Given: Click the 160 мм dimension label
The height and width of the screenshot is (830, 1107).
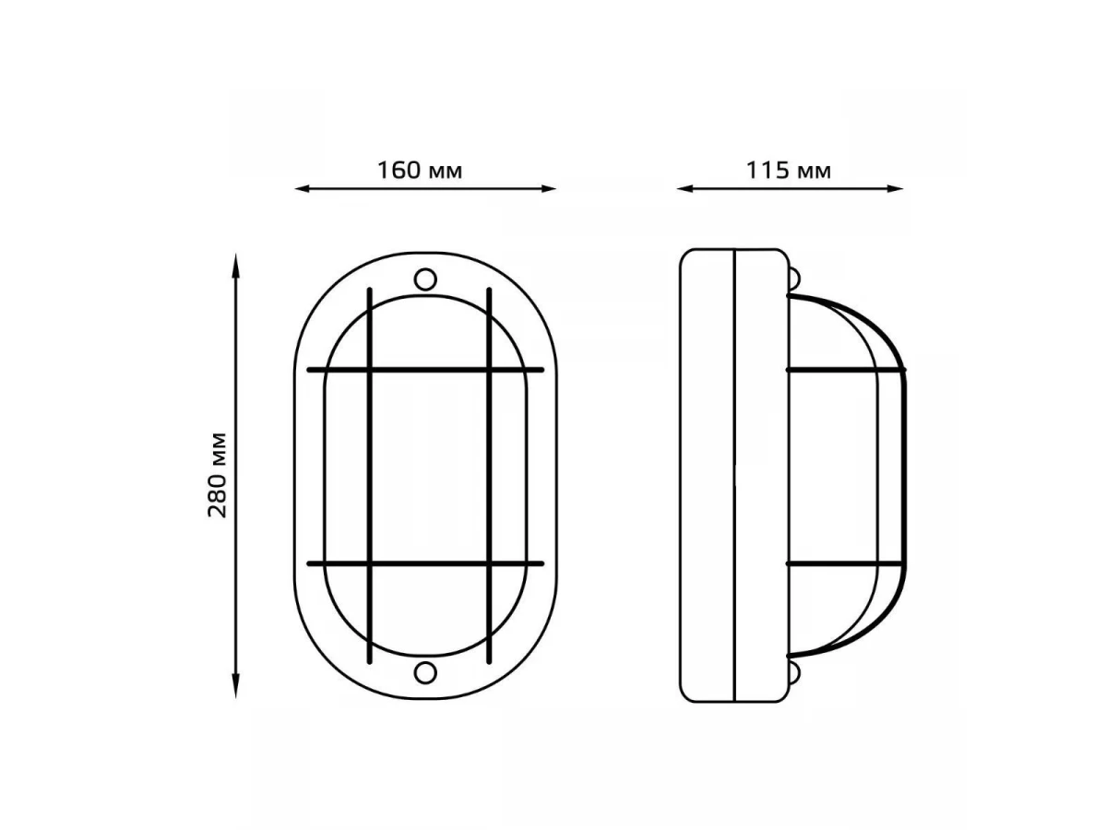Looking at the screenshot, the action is pyautogui.click(x=419, y=171).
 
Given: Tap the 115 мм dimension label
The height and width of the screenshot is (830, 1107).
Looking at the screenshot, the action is pyautogui.click(x=788, y=171).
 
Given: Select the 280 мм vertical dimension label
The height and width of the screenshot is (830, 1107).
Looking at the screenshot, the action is pyautogui.click(x=218, y=475).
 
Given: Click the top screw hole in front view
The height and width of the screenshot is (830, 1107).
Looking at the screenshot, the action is pyautogui.click(x=425, y=279).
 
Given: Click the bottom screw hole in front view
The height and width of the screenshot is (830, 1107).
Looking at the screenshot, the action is pyautogui.click(x=425, y=673).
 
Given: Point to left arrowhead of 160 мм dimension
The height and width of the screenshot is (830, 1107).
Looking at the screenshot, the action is pyautogui.click(x=302, y=189).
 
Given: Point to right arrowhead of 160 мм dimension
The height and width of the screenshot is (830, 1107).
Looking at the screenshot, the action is pyautogui.click(x=548, y=189).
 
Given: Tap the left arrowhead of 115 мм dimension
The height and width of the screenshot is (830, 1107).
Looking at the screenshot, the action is pyautogui.click(x=684, y=189).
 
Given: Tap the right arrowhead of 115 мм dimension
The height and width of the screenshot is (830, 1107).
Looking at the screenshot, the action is pyautogui.click(x=895, y=189).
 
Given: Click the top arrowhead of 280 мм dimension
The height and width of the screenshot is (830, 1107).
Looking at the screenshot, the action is pyautogui.click(x=235, y=262).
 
